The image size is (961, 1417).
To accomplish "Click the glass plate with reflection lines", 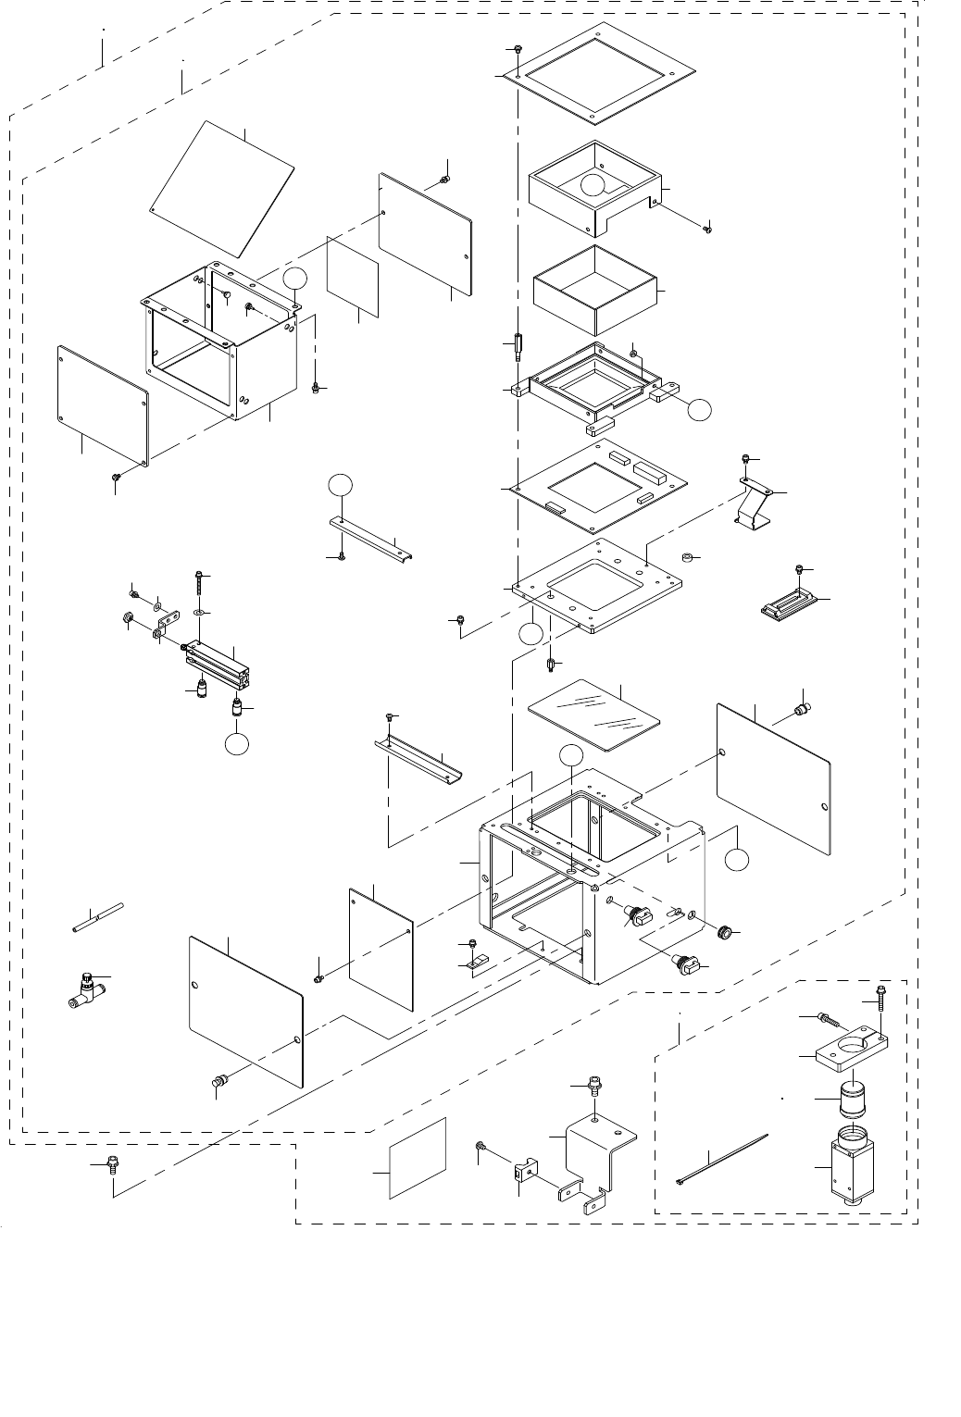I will pos(593,715).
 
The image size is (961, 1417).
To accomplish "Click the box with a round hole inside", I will pos(593,190).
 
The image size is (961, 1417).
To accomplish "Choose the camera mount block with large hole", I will pos(850,1051).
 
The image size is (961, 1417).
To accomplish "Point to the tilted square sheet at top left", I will pos(222,189).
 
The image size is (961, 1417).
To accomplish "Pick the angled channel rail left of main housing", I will pos(422,759).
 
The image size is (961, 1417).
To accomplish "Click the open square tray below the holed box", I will pos(594,290).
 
